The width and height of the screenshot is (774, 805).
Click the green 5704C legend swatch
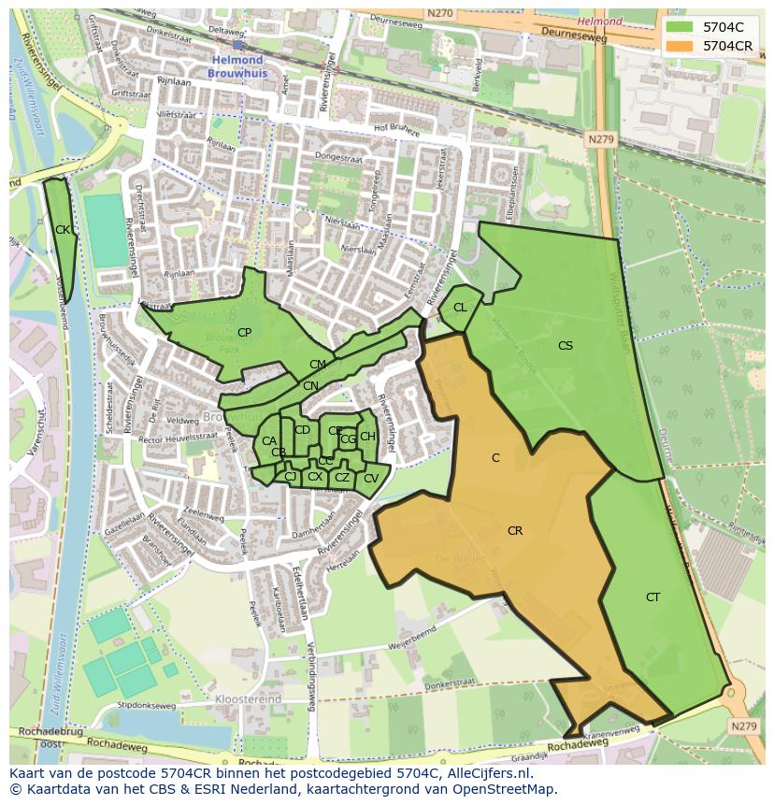click(679, 27)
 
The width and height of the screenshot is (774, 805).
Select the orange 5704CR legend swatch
click(679, 46)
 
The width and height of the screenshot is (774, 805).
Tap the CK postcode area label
click(62, 230)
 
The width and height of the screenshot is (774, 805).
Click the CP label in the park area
click(244, 333)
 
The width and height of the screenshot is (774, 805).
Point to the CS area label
click(565, 346)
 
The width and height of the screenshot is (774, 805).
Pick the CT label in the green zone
click(652, 597)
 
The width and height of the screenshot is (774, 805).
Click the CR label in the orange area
click(514, 531)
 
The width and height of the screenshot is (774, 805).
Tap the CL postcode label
click(460, 308)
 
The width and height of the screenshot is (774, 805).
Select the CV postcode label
click(370, 479)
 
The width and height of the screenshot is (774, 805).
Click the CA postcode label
click(269, 441)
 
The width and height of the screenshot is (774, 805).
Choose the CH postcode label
click(367, 437)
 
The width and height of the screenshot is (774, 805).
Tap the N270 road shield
click(438, 14)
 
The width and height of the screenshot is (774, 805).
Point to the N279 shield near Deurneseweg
click(601, 139)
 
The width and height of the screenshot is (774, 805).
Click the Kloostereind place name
click(248, 699)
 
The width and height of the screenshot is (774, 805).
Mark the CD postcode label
click(302, 430)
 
